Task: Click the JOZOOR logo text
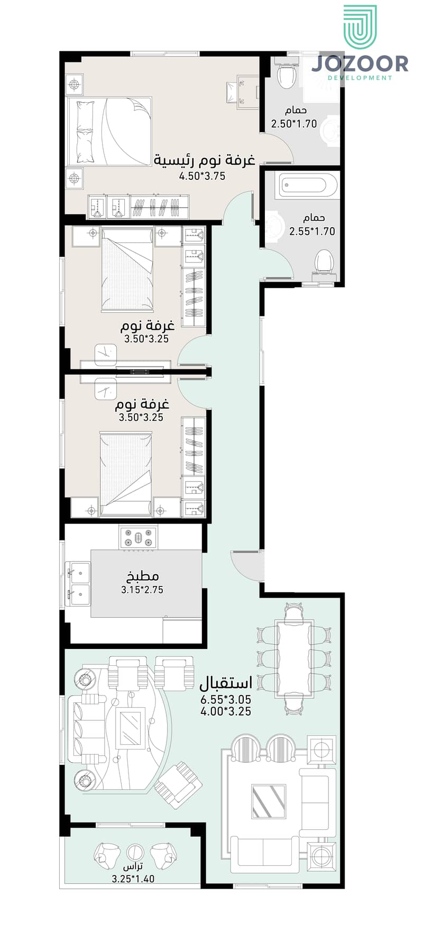pyautogui.click(x=360, y=64)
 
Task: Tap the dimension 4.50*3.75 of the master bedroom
pyautogui.click(x=203, y=176)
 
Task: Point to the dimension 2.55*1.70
pyautogui.click(x=312, y=231)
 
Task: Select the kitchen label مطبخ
pyautogui.click(x=143, y=576)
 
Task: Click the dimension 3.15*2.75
pyautogui.click(x=142, y=590)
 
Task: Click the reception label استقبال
pyautogui.click(x=226, y=683)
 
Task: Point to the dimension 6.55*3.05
pyautogui.click(x=226, y=700)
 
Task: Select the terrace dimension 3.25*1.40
pyautogui.click(x=133, y=879)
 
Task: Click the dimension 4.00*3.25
pyautogui.click(x=226, y=712)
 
